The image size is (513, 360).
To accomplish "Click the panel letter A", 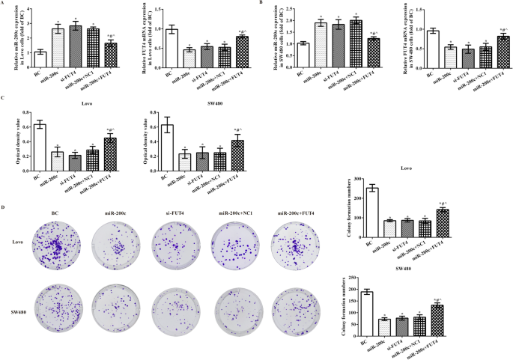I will (4, 4).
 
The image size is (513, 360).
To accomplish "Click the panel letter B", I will (261, 4).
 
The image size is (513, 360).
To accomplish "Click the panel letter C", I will (4, 97).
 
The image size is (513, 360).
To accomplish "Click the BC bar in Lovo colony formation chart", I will (372, 213).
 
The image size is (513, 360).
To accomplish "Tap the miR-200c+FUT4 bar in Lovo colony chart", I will (442, 224).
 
